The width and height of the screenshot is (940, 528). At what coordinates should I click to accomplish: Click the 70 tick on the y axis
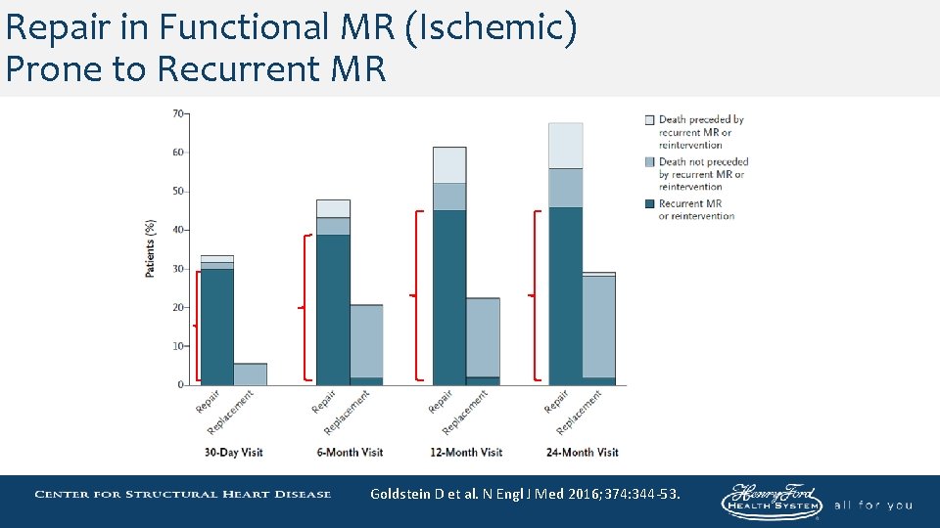[177, 113]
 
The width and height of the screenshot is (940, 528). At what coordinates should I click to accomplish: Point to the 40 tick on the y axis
[177, 230]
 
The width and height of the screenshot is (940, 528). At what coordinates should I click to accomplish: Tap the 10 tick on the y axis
[177, 346]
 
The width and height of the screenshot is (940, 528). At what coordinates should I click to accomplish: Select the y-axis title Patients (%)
[151, 248]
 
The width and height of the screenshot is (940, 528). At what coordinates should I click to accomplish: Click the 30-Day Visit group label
[233, 453]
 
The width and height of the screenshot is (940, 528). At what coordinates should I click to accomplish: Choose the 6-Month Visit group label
[349, 453]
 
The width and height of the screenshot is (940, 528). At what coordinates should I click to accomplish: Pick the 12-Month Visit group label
[465, 453]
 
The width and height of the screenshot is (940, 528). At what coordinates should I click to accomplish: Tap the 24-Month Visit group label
[582, 453]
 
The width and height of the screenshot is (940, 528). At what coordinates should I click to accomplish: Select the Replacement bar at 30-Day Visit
[250, 374]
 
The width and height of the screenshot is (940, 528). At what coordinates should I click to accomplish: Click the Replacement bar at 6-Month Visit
[366, 342]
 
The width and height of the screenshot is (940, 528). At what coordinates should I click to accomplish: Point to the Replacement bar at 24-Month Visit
[598, 328]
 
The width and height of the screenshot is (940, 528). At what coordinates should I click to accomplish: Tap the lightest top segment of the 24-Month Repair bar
[565, 146]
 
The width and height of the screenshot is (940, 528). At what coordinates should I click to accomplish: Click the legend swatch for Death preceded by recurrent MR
[649, 120]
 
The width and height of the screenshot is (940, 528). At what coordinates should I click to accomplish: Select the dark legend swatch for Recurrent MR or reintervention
[649, 204]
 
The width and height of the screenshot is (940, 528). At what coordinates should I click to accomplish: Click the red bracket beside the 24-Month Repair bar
[535, 294]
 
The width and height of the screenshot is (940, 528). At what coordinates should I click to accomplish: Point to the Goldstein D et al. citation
[525, 495]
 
